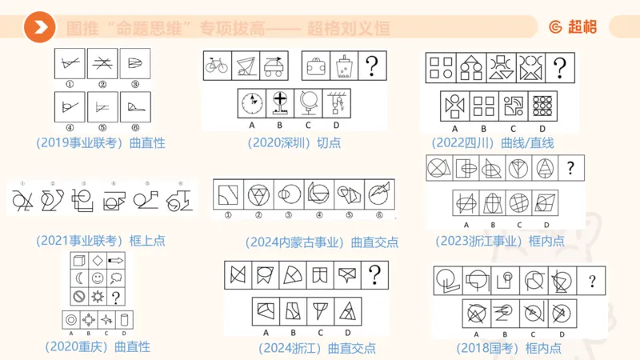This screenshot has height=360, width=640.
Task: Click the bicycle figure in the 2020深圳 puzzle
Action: (216, 65)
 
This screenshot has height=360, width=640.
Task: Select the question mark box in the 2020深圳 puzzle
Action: (371, 65)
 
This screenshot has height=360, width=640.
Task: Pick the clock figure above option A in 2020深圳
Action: (253, 103)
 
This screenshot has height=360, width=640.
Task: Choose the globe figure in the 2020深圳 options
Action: (308, 103)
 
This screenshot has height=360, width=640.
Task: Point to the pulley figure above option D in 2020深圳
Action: (336, 103)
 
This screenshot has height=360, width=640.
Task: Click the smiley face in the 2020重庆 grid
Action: (98, 278)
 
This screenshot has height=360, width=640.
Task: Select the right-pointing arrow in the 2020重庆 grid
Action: (117, 260)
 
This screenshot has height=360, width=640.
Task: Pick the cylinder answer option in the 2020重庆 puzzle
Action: (125, 319)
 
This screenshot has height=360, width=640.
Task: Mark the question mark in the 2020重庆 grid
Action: (117, 297)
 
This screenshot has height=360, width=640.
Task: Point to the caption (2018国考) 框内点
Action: (509, 348)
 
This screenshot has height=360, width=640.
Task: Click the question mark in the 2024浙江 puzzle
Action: (373, 274)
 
